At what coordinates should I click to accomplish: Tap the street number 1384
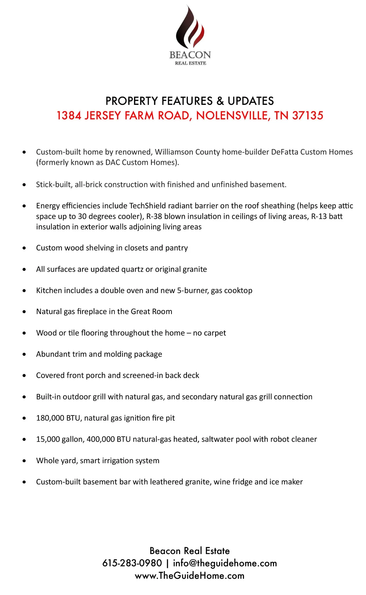69,116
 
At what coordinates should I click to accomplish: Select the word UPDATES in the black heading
251,101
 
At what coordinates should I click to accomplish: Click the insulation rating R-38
154,216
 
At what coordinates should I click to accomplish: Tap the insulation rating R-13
319,216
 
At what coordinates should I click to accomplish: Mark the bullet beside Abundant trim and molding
24,354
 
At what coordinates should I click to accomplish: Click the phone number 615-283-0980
132,563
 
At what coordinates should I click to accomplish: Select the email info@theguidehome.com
225,563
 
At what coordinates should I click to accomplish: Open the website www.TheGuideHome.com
189,576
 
